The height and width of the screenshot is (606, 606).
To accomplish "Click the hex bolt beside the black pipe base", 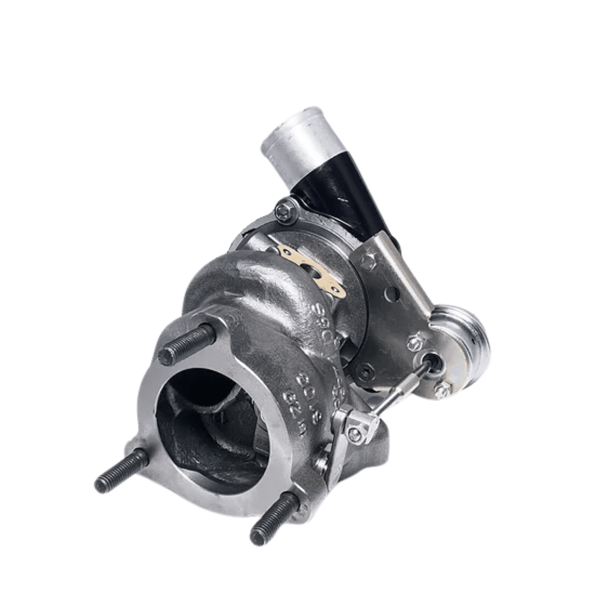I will tap(286, 211).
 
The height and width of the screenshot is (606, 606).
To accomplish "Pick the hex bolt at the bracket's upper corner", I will tap(368, 261).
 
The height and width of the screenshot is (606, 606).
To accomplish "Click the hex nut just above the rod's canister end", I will tap(416, 342).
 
